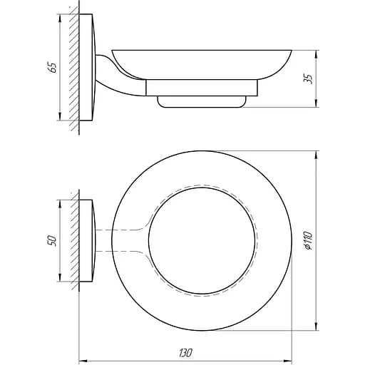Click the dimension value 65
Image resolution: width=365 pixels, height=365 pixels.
[53, 68]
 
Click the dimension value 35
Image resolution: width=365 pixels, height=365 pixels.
[308, 78]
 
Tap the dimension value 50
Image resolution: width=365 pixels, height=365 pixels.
[53, 241]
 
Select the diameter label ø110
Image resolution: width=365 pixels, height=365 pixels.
[308, 240]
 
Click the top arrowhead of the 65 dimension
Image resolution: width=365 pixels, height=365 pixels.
[59, 19]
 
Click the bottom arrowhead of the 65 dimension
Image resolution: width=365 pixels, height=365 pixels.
[59, 116]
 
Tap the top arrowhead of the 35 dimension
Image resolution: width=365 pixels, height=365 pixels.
[316, 55]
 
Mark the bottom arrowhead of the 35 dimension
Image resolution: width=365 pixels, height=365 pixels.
[316, 103]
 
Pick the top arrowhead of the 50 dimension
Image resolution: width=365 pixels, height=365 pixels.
[59, 205]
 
